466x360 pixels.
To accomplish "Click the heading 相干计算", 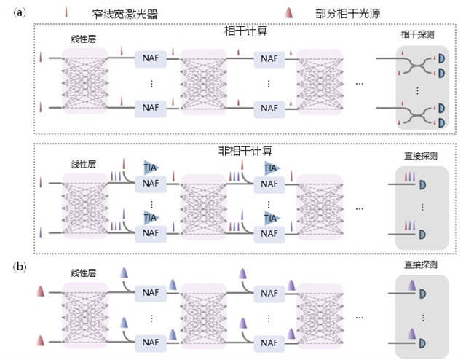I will tap(247, 31).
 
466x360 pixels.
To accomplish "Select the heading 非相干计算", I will tap(246, 152).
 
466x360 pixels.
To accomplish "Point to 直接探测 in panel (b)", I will tap(418, 267).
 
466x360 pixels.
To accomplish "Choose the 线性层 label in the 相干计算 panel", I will tap(84, 42).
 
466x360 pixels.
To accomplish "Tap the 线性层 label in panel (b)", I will tap(83, 274).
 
